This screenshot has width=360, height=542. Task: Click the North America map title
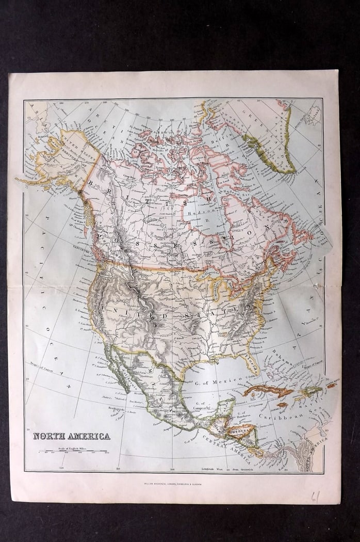tap(72, 436)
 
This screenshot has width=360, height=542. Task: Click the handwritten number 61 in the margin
tap(316, 497)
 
